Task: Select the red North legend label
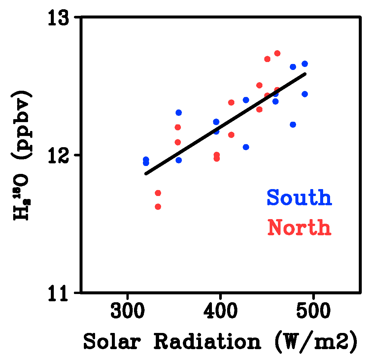coord(299,227)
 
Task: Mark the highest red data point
coord(277,53)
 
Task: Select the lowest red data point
coord(158,207)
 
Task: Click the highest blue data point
coord(305,64)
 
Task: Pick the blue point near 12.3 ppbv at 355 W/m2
coord(179,113)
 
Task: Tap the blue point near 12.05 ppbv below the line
coord(246,147)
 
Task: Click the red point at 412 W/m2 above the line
coord(231,102)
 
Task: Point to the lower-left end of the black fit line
coord(146,174)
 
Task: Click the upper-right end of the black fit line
coord(305,74)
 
